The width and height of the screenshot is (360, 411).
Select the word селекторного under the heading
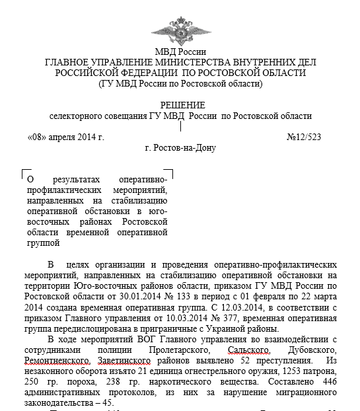coord(81,116)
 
